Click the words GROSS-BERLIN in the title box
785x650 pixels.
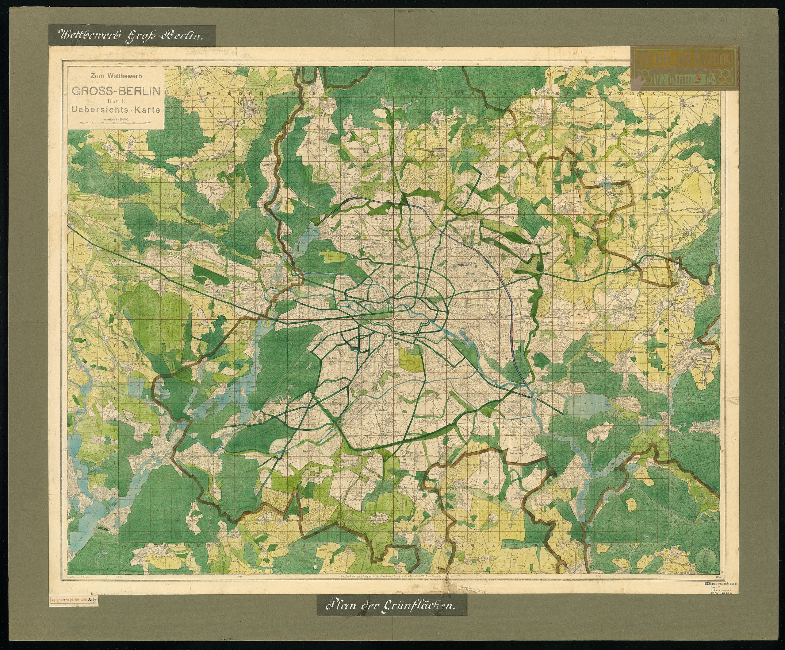[116, 91]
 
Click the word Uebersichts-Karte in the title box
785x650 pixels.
[116, 110]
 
